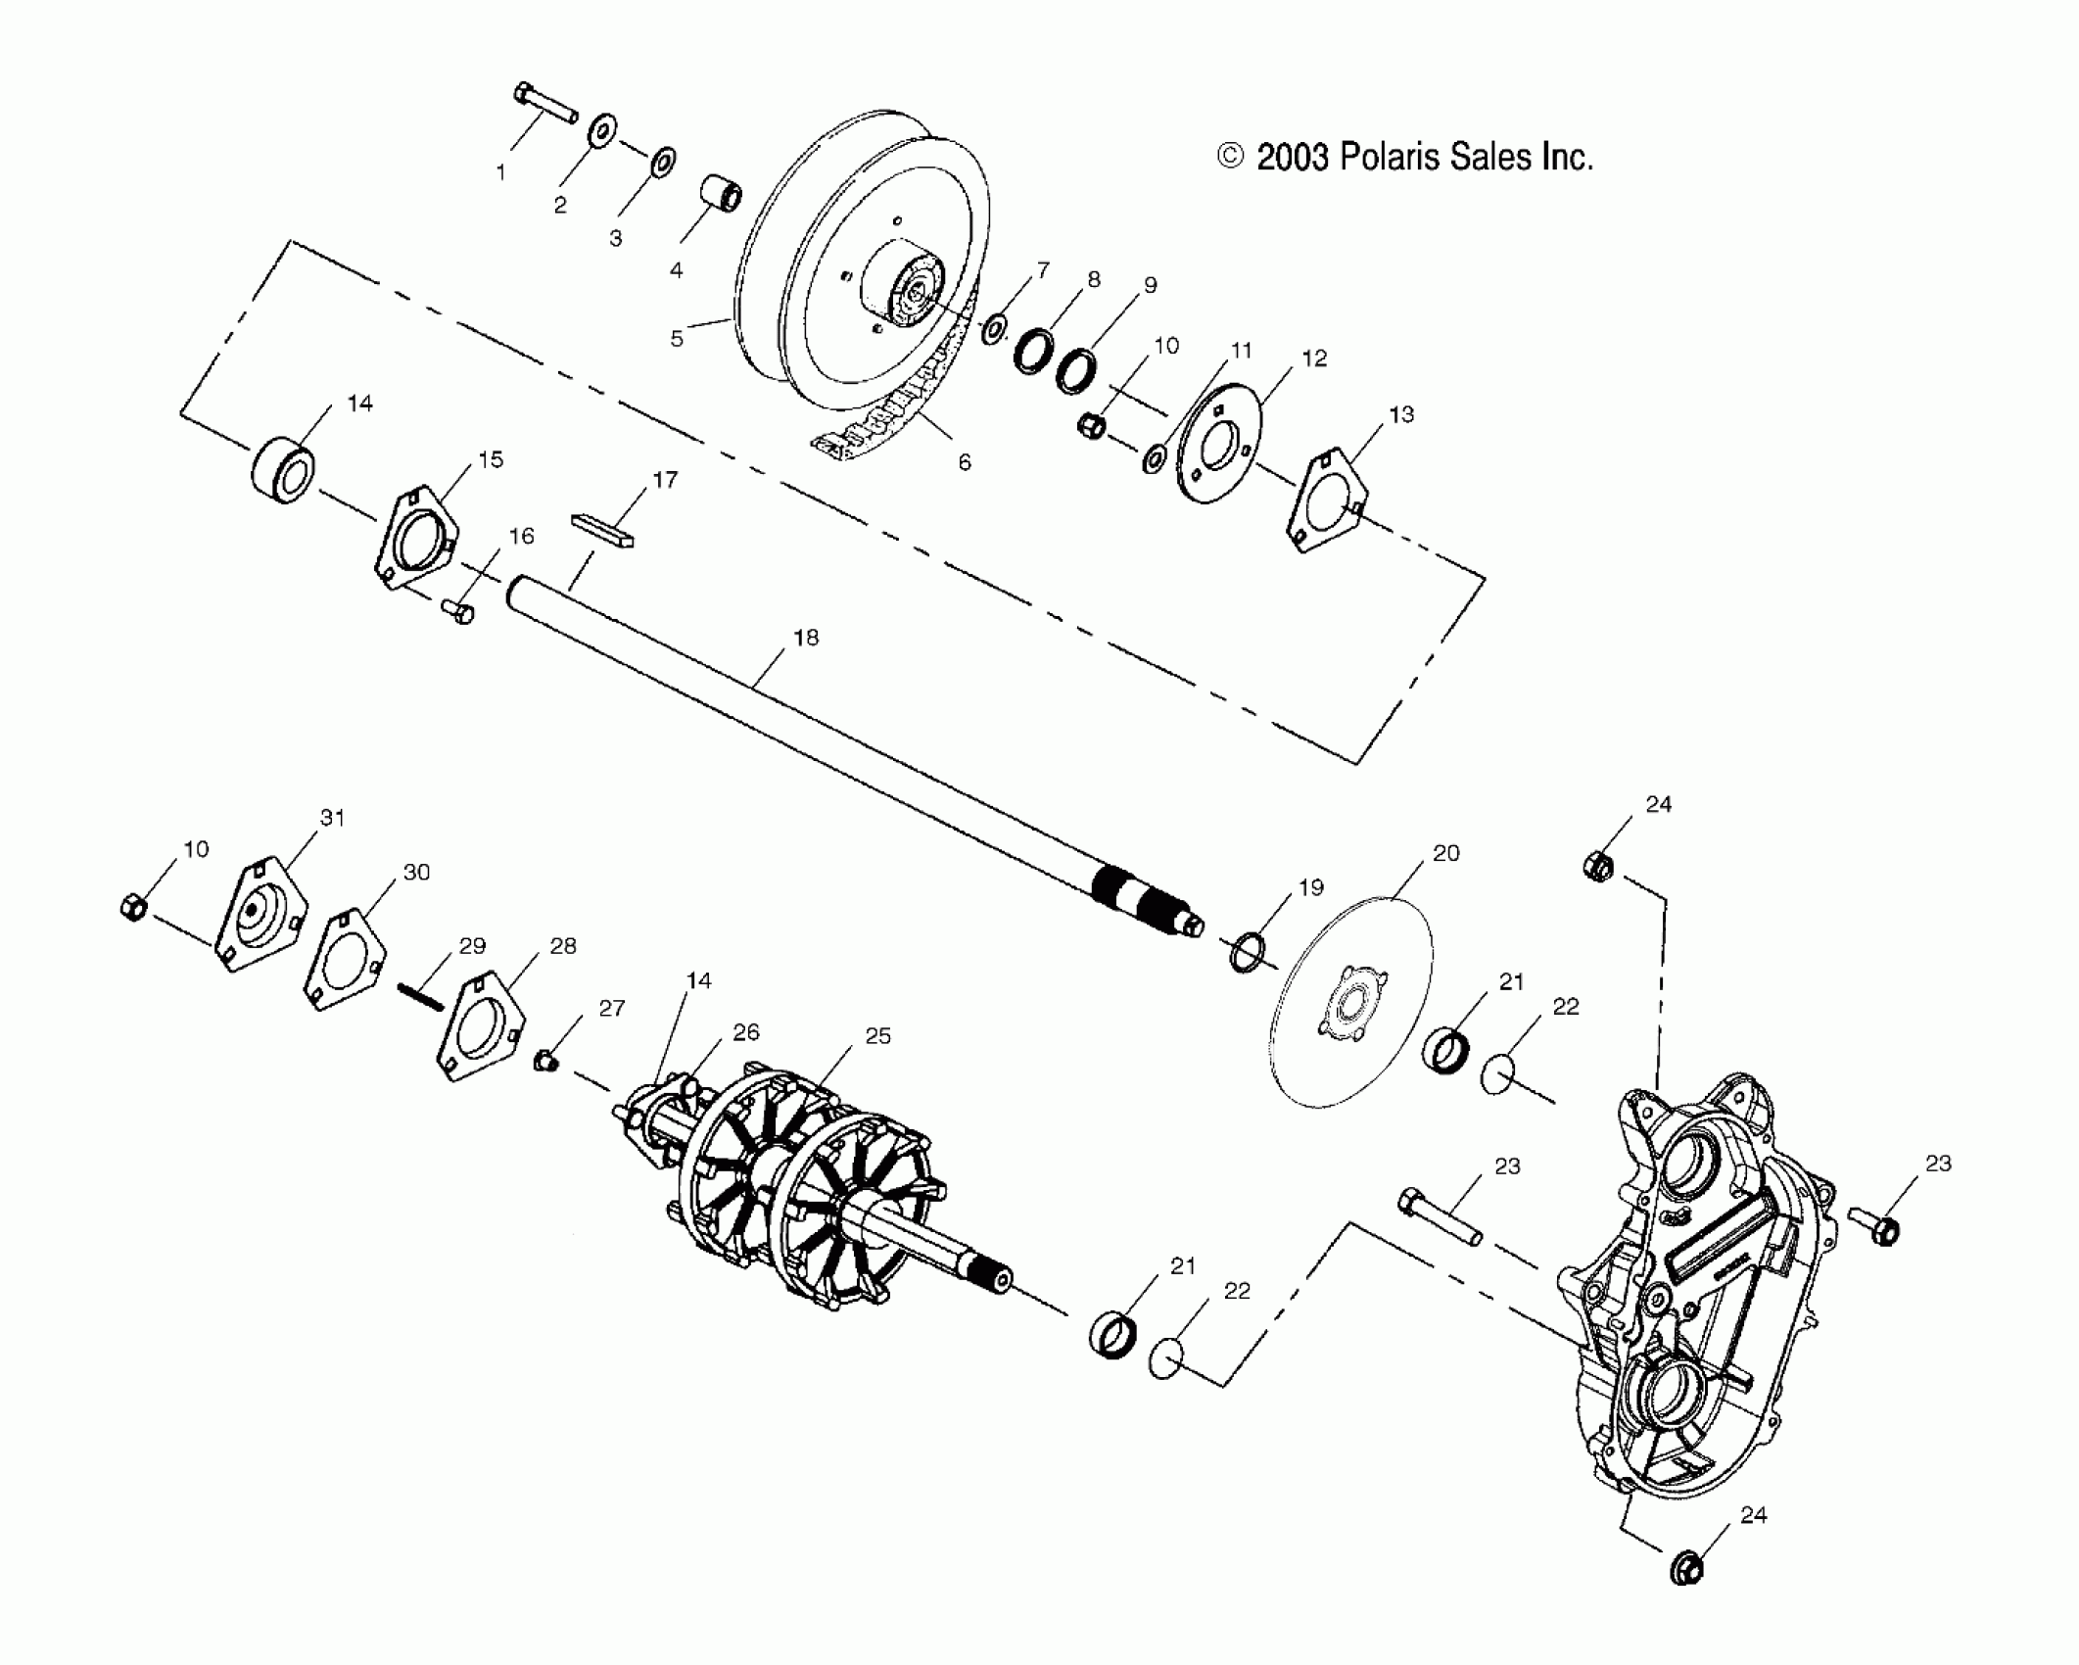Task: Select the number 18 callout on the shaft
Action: (x=805, y=639)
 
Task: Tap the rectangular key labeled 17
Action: (x=602, y=529)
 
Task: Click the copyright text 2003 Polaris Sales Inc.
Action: (x=1405, y=157)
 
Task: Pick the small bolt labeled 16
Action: (x=457, y=611)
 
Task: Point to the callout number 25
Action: (x=877, y=1036)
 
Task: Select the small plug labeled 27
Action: (x=545, y=1060)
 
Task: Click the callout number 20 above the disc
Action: (x=1445, y=853)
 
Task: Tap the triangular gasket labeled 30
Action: (x=344, y=959)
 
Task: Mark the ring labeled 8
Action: (x=1033, y=353)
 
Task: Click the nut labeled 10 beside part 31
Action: (x=133, y=908)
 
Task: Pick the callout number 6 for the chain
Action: (x=965, y=462)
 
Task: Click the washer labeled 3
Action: (x=662, y=162)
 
